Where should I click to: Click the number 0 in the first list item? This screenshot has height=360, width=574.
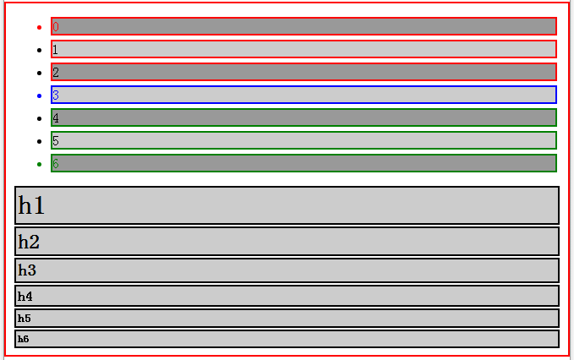coord(56,27)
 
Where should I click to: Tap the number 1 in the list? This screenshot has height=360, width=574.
coord(56,50)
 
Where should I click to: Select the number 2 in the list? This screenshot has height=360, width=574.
coord(56,73)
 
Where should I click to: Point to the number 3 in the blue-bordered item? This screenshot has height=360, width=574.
coord(56,95)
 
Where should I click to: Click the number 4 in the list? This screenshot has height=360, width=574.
coord(56,118)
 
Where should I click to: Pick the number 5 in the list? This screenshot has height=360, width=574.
coord(56,141)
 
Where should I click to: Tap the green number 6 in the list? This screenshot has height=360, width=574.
coord(56,164)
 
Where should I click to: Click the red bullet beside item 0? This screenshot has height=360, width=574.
coord(39,27)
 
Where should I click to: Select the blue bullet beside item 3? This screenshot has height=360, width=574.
coord(39,95)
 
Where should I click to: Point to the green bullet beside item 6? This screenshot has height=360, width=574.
coord(39,164)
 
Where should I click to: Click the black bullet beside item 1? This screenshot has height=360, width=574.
coord(39,50)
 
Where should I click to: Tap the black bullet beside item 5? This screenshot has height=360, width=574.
coord(39,141)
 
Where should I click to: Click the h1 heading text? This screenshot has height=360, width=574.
coord(31,205)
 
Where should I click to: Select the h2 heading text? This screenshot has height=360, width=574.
coord(29,242)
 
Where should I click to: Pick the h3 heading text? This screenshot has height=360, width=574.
coord(27,270)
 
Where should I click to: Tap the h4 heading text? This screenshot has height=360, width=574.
coord(25,297)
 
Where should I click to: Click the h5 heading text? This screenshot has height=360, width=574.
coord(25,319)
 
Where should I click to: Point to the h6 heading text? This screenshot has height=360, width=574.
coord(24,339)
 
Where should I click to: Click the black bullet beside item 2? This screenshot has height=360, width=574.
coord(39,73)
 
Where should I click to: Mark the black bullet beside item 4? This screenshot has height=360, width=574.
coord(39,118)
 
